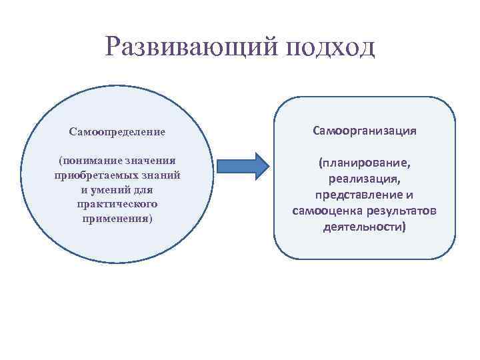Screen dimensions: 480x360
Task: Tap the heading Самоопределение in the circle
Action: click(117, 132)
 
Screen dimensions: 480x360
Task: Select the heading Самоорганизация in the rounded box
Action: click(365, 131)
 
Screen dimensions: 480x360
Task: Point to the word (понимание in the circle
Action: click(84, 161)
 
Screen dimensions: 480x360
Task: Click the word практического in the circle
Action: click(117, 204)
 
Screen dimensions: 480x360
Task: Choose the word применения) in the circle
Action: click(117, 219)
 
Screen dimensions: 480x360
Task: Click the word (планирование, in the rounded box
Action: click(365, 163)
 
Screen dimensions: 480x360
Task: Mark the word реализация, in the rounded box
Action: click(365, 179)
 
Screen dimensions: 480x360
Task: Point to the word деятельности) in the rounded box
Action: click(365, 227)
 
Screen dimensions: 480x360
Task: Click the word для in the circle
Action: click(144, 190)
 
